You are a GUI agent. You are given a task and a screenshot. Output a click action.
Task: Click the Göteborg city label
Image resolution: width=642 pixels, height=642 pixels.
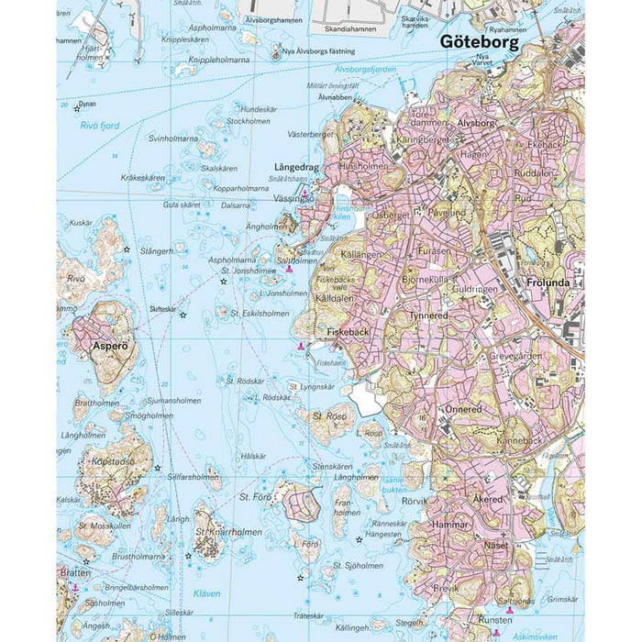point(479,42)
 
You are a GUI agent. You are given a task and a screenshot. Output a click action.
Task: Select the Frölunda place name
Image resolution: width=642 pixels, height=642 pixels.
point(548,283)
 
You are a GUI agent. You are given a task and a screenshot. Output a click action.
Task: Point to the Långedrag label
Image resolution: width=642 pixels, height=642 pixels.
point(296,168)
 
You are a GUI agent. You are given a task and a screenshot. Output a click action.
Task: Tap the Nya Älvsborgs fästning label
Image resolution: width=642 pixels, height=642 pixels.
point(319,51)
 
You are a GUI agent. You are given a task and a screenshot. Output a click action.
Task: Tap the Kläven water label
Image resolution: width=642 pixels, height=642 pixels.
point(206,593)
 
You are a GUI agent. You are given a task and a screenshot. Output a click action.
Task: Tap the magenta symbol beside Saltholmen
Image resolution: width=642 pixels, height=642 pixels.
point(290,270)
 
